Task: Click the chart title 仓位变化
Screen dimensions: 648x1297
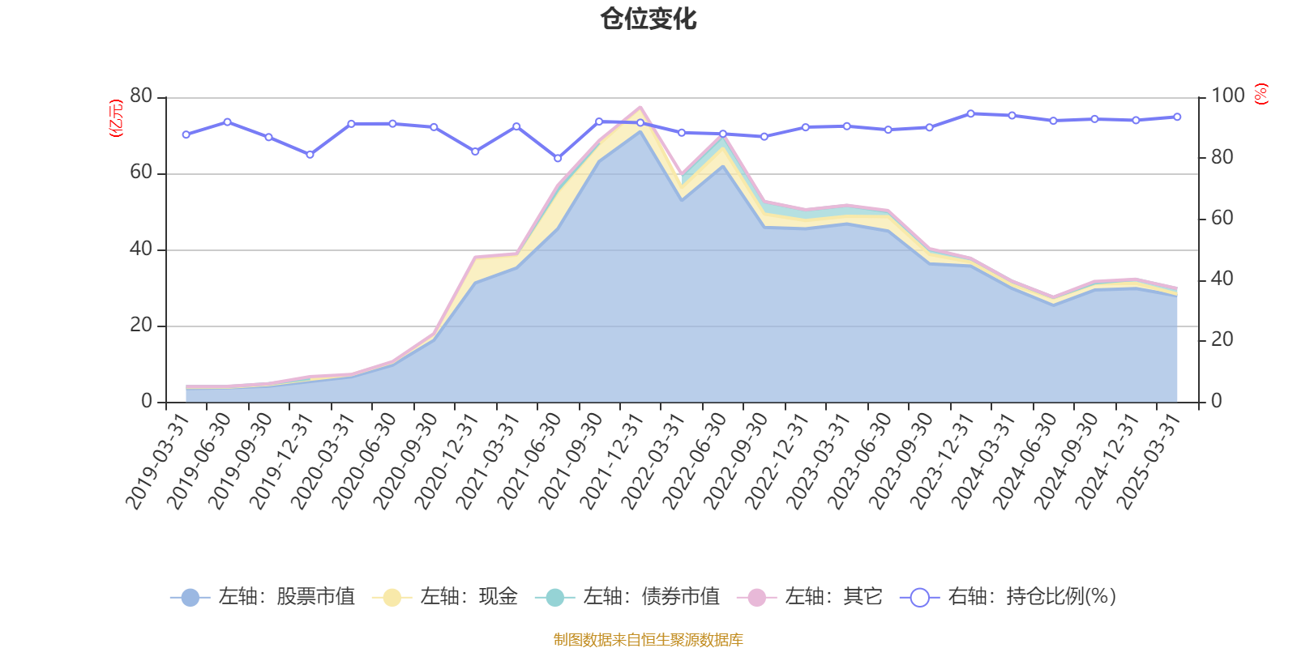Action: [648, 19]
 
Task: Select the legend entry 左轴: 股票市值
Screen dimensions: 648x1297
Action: [263, 597]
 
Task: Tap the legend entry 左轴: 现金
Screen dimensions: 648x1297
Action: [445, 597]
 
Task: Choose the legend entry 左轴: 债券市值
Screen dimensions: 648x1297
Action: [627, 597]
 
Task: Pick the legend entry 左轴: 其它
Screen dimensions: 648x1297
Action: [810, 597]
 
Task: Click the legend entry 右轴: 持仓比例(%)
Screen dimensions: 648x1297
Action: [1008, 597]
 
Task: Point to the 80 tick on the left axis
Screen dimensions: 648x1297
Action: [141, 96]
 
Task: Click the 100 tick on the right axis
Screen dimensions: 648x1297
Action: [1227, 96]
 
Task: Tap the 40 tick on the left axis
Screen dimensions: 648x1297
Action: [141, 249]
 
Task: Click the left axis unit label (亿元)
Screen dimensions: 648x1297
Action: [116, 118]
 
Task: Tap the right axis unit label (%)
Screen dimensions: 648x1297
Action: [1261, 95]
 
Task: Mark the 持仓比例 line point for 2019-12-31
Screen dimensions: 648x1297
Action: [310, 154]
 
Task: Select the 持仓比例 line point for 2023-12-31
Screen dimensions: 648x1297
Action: [970, 113]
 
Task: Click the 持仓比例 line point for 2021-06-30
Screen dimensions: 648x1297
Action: [558, 158]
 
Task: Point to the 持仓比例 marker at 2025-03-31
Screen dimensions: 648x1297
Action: [1177, 117]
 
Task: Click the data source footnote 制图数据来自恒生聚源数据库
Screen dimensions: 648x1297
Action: [648, 640]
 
